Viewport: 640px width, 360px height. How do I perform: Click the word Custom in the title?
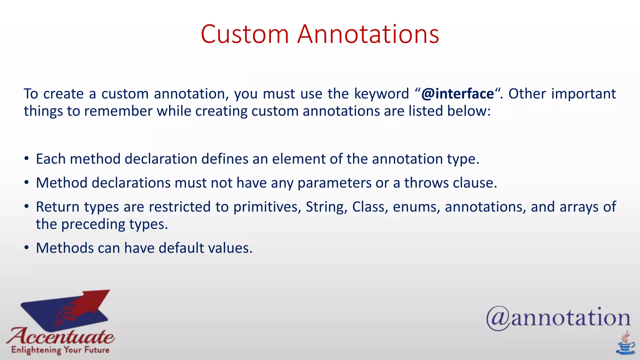pos(245,34)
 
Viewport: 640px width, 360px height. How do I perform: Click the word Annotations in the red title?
pos(368,34)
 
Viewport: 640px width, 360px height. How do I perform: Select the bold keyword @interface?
pos(457,94)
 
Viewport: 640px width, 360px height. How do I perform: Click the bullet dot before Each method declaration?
pos(27,159)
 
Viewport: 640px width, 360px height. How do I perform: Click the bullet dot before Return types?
pos(27,207)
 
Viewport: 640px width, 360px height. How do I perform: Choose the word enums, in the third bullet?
pos(417,207)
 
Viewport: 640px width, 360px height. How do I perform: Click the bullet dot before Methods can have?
pos(27,248)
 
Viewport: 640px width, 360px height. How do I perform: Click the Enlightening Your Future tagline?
pos(60,350)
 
